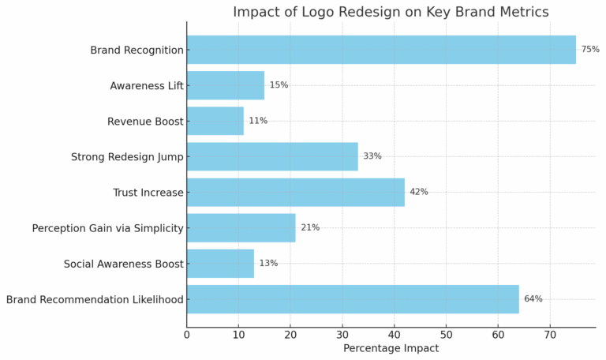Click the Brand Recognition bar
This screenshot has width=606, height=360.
coord(381,50)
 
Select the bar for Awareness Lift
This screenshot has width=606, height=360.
coord(226,85)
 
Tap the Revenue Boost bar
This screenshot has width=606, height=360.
coord(215,121)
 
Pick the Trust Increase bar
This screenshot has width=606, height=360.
coord(296,192)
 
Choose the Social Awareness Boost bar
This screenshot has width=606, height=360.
coord(220,264)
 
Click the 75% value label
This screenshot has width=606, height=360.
coord(590,50)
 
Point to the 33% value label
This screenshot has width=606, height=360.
coord(372,156)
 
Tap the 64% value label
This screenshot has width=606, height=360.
coord(533,299)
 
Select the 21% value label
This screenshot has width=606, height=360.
coord(310,228)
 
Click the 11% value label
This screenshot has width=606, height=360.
coord(258,121)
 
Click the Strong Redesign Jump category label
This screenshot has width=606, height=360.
coord(127,157)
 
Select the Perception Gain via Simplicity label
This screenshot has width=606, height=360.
coord(107,228)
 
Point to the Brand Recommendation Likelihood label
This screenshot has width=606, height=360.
coord(95,300)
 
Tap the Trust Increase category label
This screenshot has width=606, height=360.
coord(148,193)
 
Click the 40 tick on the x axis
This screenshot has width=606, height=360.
coord(395,335)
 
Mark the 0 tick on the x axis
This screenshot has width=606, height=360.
coord(187,335)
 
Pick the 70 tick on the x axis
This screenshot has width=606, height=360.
coord(550,335)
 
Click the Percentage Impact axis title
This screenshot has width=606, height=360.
coord(391,348)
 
